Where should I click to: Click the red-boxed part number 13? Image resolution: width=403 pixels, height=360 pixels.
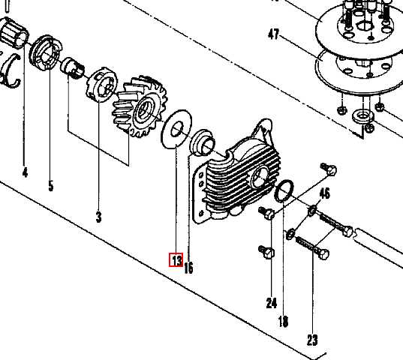pyautogui.click(x=176, y=259)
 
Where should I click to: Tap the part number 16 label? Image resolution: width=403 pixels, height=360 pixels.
pyautogui.click(x=188, y=268)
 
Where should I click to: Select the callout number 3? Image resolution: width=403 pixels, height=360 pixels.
pyautogui.click(x=99, y=217)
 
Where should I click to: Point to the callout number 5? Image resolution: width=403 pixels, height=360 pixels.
pyautogui.click(x=51, y=186)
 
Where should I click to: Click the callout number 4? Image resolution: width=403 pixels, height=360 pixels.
pyautogui.click(x=25, y=172)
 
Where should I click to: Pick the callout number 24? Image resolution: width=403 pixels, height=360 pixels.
pyautogui.click(x=272, y=303)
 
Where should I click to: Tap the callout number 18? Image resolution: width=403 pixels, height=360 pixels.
pyautogui.click(x=283, y=321)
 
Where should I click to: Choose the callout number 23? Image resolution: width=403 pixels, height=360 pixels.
pyautogui.click(x=312, y=340)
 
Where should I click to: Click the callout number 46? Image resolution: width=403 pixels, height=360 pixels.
pyautogui.click(x=325, y=193)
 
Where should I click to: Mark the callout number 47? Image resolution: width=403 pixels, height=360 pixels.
pyautogui.click(x=273, y=34)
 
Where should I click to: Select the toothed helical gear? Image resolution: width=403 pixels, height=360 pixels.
pyautogui.click(x=140, y=106)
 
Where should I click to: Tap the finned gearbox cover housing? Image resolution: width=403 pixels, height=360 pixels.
pyautogui.click(x=236, y=172)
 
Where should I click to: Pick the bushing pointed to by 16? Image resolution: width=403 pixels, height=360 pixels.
pyautogui.click(x=203, y=142)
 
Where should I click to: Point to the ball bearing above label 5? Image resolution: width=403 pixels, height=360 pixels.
pyautogui.click(x=46, y=53)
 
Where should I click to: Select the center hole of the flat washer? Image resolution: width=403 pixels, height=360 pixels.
pyautogui.click(x=177, y=129)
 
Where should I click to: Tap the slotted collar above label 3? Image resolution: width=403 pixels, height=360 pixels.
pyautogui.click(x=101, y=85)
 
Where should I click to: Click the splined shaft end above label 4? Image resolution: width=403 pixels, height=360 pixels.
pyautogui.click(x=14, y=33)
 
